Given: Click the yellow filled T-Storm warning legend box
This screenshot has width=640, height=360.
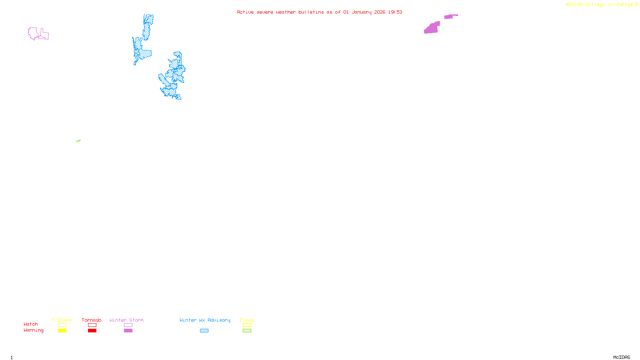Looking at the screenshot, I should (x=62, y=331).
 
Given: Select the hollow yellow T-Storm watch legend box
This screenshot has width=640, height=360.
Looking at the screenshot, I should (x=62, y=325).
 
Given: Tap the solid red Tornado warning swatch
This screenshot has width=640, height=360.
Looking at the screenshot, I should (x=92, y=331).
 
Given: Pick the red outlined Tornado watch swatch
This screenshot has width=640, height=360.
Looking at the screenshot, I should (x=92, y=325).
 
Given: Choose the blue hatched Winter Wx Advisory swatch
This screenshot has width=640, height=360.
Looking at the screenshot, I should (x=204, y=331).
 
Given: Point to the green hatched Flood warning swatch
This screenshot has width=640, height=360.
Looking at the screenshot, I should (x=247, y=331).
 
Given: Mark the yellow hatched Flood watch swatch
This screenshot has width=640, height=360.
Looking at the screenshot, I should (x=247, y=325).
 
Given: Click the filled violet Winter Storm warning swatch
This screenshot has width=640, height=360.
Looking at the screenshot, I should (x=128, y=331).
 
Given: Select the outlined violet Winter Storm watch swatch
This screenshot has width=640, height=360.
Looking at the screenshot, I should (x=128, y=325).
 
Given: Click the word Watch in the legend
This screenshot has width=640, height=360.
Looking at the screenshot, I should (x=31, y=324).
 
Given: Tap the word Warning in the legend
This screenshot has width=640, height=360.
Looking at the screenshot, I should (x=33, y=330).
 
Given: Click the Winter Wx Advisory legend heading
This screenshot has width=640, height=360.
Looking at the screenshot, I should (x=205, y=320).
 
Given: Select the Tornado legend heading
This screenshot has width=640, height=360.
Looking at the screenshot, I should (x=92, y=320).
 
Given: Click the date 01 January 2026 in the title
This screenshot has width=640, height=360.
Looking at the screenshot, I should (x=364, y=12).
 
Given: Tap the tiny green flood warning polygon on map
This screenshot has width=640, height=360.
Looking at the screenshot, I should (x=78, y=141).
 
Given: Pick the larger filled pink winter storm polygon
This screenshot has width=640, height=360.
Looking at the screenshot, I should (x=432, y=28).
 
